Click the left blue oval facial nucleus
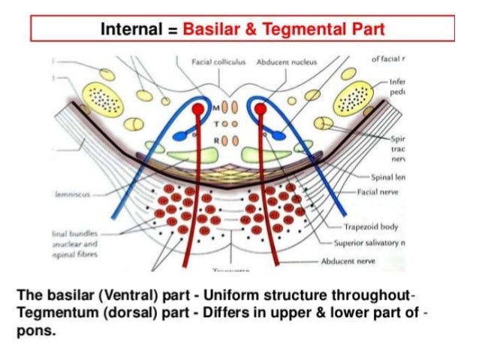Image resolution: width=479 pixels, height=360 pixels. coord(181,136)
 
